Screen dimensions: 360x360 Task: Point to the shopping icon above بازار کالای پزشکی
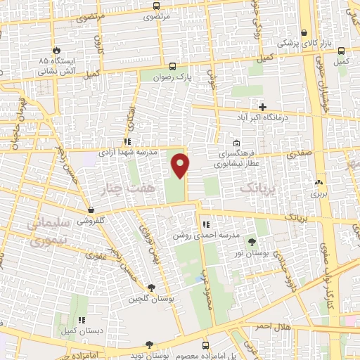tap(304, 32)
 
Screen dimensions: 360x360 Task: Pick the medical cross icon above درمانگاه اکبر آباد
tap(262, 107)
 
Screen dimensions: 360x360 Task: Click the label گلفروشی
tap(91, 219)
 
